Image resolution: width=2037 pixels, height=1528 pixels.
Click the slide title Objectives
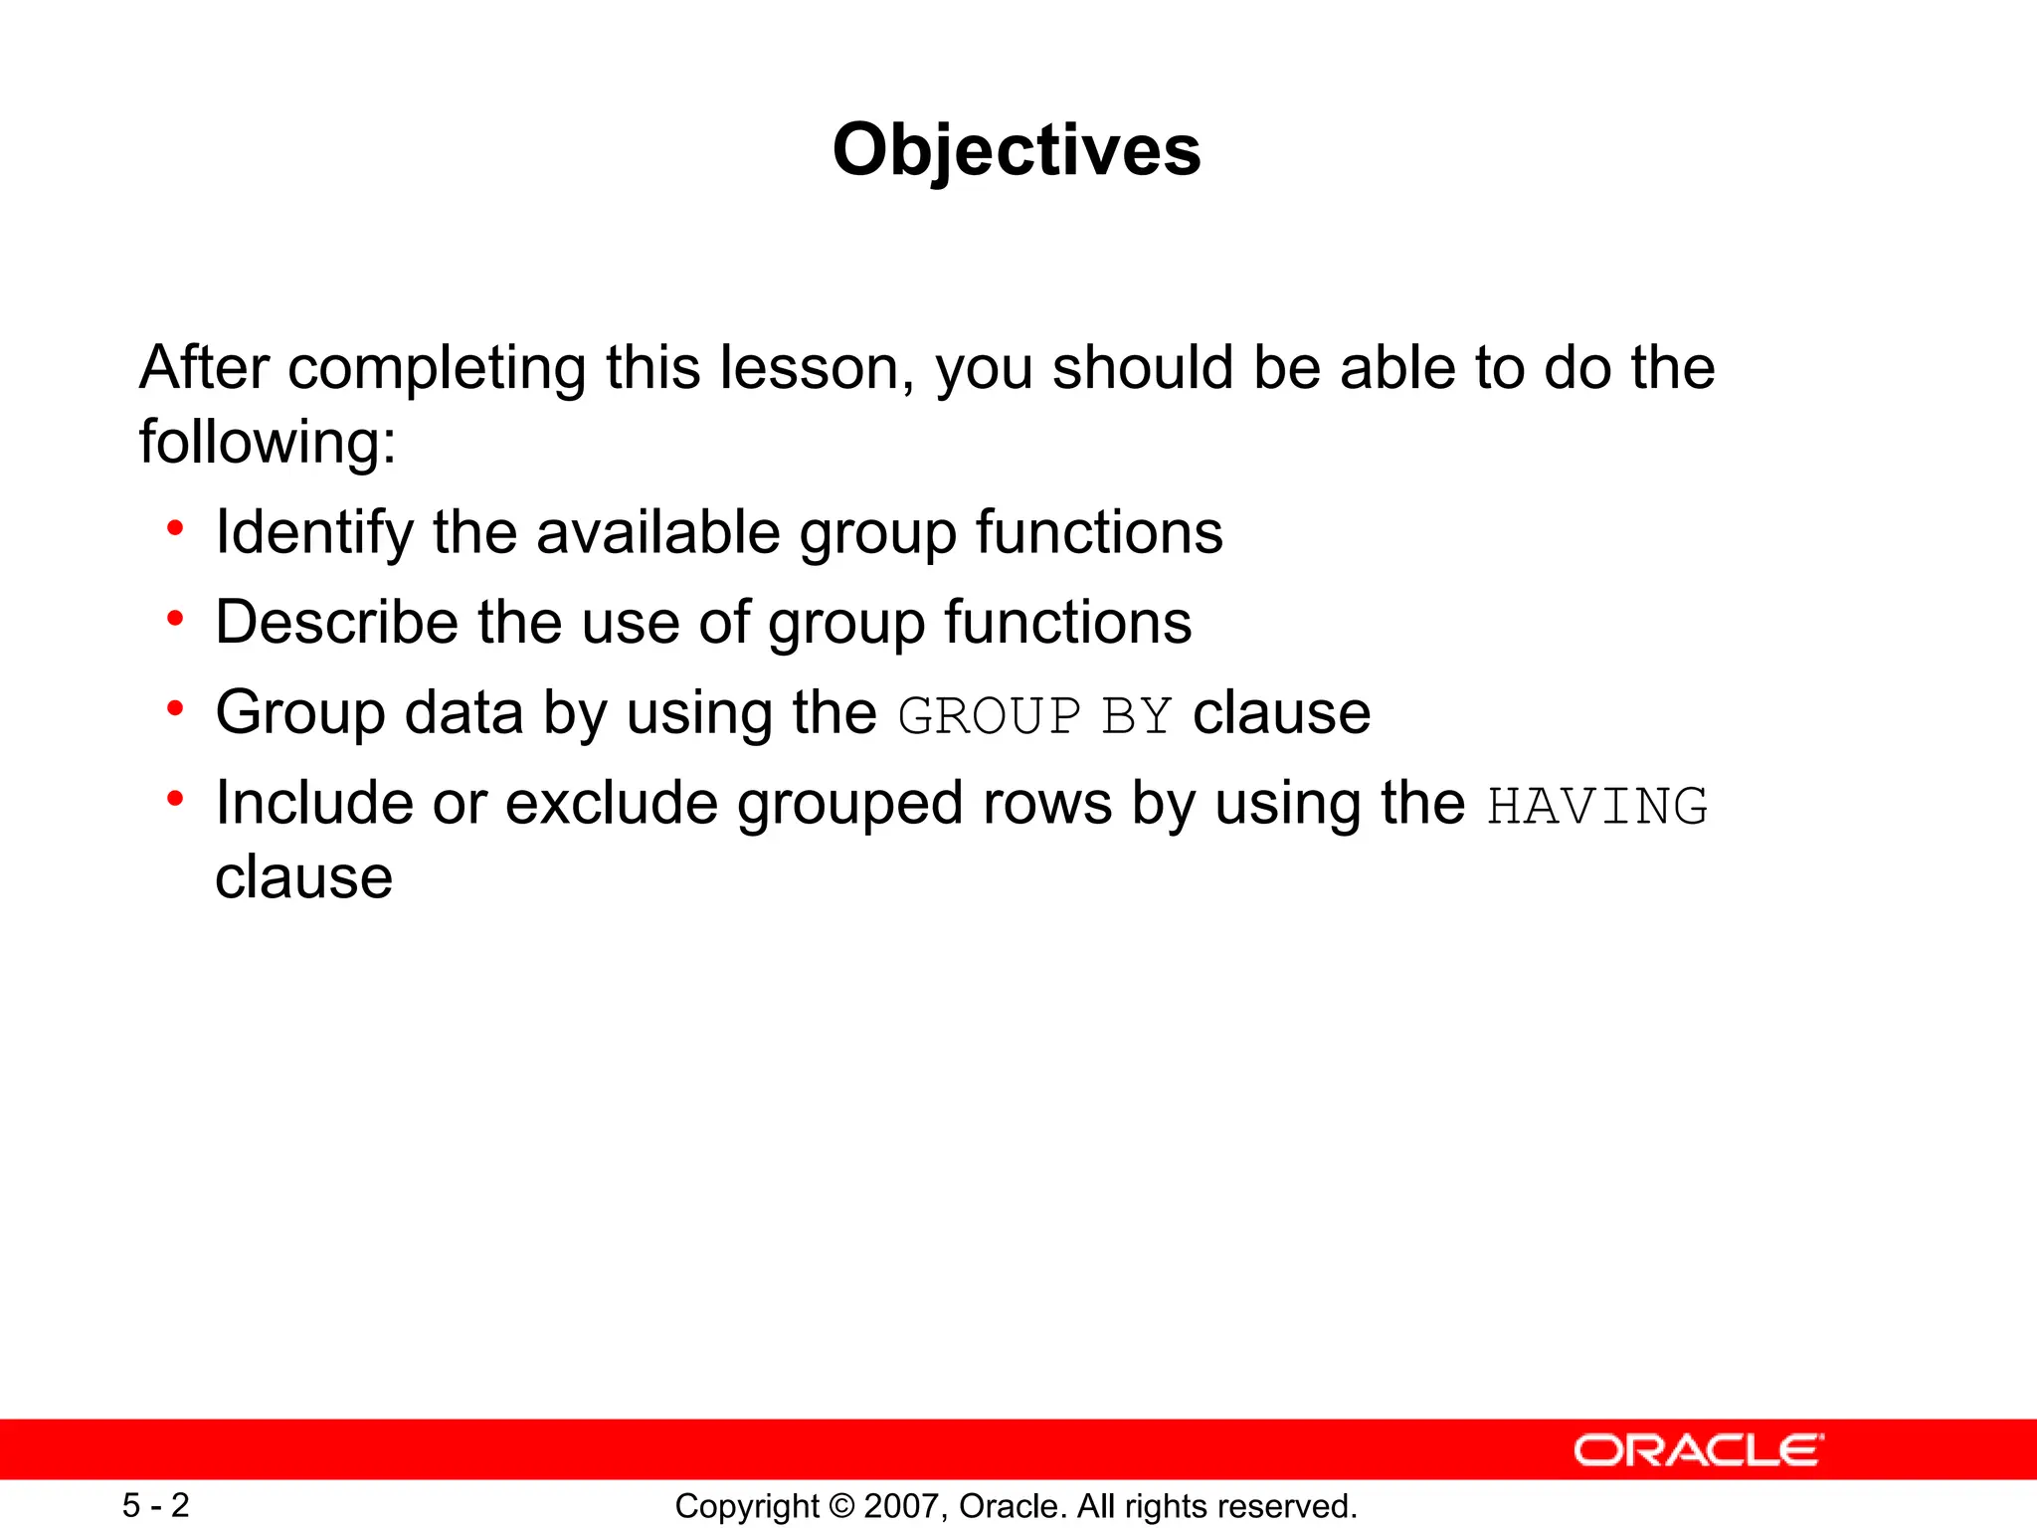[1017, 150]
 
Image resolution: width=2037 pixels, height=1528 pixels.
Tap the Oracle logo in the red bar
[1698, 1449]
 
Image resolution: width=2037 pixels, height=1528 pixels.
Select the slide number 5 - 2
[155, 1505]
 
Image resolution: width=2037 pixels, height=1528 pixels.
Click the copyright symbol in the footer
[841, 1506]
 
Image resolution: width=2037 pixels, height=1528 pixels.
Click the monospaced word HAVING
[1597, 806]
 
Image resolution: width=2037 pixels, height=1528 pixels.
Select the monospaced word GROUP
[989, 716]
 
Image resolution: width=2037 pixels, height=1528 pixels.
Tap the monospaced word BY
[1137, 716]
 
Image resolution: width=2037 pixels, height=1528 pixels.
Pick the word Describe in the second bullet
[335, 623]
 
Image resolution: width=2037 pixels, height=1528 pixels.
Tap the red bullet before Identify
[176, 528]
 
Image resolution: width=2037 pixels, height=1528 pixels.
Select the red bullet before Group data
[176, 708]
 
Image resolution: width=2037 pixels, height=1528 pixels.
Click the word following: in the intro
[268, 442]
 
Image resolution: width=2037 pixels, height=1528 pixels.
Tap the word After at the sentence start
[204, 368]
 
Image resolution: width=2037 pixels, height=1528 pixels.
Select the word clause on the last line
[304, 877]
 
